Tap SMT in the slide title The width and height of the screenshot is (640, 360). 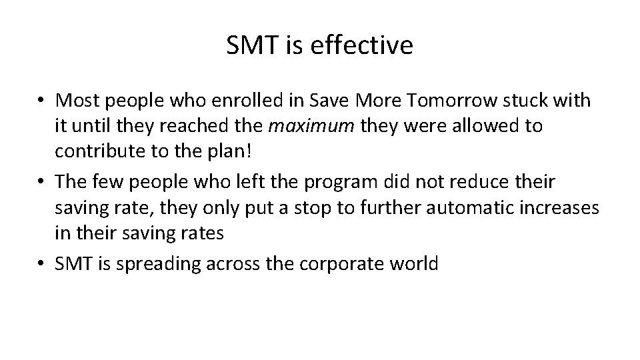pos(249,45)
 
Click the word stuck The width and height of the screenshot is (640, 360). pos(535,101)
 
